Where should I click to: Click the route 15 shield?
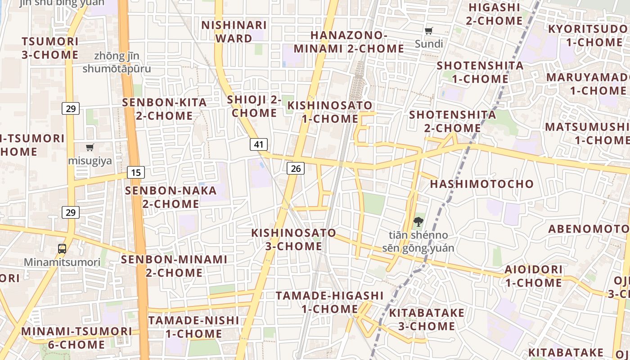pyautogui.click(x=136, y=172)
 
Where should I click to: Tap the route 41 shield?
pyautogui.click(x=258, y=144)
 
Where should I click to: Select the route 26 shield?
pyautogui.click(x=295, y=168)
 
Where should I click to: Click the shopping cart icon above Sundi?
pyautogui.click(x=429, y=31)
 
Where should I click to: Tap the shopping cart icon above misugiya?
pyautogui.click(x=90, y=147)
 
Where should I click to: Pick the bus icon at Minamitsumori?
pyautogui.click(x=62, y=248)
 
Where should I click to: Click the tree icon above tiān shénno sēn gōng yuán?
pyautogui.click(x=418, y=221)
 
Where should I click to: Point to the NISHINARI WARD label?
pyautogui.click(x=234, y=31)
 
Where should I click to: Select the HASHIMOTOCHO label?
pyautogui.click(x=481, y=184)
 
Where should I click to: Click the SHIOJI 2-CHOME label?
pyautogui.click(x=254, y=106)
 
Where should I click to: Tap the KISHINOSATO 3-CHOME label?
pyautogui.click(x=293, y=239)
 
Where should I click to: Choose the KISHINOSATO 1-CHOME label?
pyautogui.click(x=330, y=112)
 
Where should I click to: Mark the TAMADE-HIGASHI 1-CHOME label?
pyautogui.click(x=330, y=302)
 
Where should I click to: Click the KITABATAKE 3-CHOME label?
pyautogui.click(x=426, y=319)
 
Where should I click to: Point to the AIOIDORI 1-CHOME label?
pyautogui.click(x=533, y=276)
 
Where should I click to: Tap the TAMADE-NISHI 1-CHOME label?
pyautogui.click(x=193, y=327)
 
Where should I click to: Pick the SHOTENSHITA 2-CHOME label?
pyautogui.click(x=453, y=121)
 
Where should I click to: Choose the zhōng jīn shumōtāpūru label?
pyautogui.click(x=117, y=63)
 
